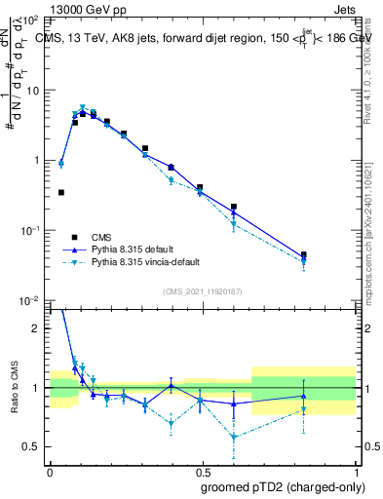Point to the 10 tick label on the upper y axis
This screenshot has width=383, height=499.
(31, 90)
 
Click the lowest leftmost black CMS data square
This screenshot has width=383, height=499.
(61, 193)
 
